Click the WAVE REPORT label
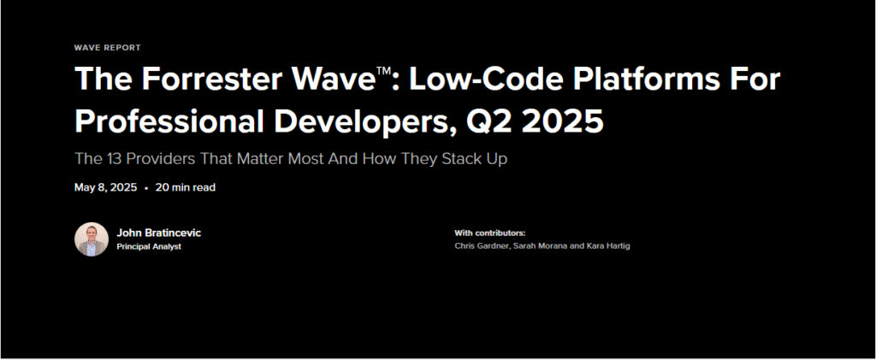coord(107,48)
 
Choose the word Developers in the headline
coord(363,122)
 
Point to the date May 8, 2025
coord(105,187)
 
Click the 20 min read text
coord(186,187)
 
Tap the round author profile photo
coord(92,239)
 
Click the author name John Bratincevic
coord(158,233)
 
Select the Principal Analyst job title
coord(149,246)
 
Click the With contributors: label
coord(490,233)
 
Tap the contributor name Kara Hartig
coord(607,246)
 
